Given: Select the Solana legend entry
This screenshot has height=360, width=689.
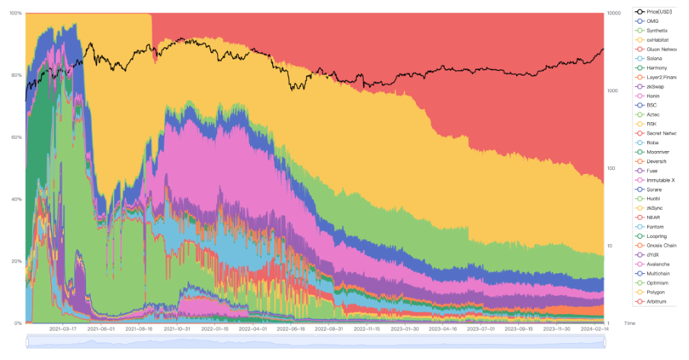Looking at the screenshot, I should point(654,59).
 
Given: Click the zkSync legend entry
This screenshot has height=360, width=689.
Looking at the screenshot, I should point(655,208).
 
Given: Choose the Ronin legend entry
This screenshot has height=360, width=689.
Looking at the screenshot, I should point(653,96).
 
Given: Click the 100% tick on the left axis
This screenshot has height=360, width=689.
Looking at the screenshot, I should point(14,13).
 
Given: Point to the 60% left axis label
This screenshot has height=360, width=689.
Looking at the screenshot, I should point(16,137).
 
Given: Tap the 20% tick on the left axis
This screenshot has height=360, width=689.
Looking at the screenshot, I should point(16,262).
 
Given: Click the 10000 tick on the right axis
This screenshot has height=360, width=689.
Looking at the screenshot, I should point(616,13).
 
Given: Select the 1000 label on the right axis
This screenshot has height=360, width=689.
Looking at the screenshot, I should point(614,91).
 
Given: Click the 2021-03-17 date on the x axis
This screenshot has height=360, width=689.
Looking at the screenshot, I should point(62,329).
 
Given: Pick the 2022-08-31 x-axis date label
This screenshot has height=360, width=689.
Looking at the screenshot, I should point(329,329).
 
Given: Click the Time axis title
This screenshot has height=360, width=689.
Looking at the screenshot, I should point(630,323).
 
